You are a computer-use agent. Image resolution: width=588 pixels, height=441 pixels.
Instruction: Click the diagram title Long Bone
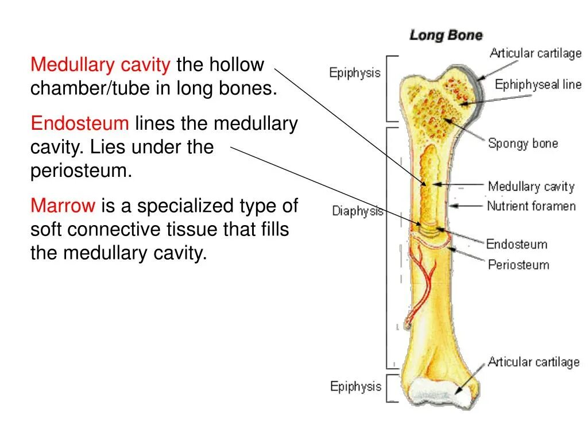446,36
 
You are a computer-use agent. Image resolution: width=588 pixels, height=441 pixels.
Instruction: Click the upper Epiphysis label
354,73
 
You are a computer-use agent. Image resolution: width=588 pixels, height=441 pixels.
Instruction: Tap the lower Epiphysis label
355,386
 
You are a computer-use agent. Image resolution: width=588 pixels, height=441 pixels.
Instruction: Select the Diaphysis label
358,211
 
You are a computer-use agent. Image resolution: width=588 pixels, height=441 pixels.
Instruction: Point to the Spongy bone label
523,144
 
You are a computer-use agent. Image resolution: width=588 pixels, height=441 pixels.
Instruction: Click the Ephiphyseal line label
538,85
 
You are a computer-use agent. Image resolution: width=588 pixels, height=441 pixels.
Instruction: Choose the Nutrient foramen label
531,206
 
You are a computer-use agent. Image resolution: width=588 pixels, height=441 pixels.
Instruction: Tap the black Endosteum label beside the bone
517,245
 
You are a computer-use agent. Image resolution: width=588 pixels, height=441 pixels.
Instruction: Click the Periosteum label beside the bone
519,265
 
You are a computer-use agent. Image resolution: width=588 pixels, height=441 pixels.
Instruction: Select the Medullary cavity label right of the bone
531,187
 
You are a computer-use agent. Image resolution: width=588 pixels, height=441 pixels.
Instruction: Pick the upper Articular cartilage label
535,53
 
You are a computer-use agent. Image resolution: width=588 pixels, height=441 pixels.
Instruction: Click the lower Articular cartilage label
533,362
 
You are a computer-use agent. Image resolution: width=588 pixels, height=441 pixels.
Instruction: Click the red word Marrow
63,206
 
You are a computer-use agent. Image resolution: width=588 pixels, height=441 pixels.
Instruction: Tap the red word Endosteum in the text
80,123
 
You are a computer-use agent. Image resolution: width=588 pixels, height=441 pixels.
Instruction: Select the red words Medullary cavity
100,65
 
